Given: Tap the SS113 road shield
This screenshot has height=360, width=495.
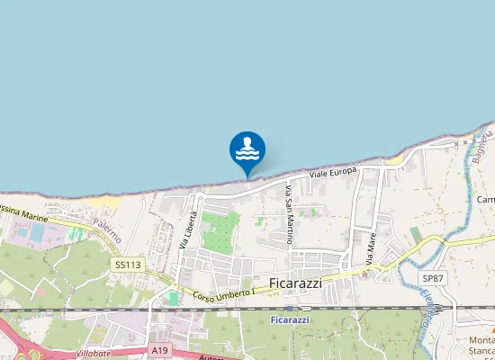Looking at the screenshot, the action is [128, 265].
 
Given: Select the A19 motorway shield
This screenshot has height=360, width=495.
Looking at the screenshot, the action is [160, 350].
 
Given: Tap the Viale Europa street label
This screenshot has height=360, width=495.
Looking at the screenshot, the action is [333, 171].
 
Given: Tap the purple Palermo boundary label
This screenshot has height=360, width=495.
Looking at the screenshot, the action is [106, 230].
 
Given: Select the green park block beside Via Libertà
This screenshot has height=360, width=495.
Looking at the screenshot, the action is [220, 231].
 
